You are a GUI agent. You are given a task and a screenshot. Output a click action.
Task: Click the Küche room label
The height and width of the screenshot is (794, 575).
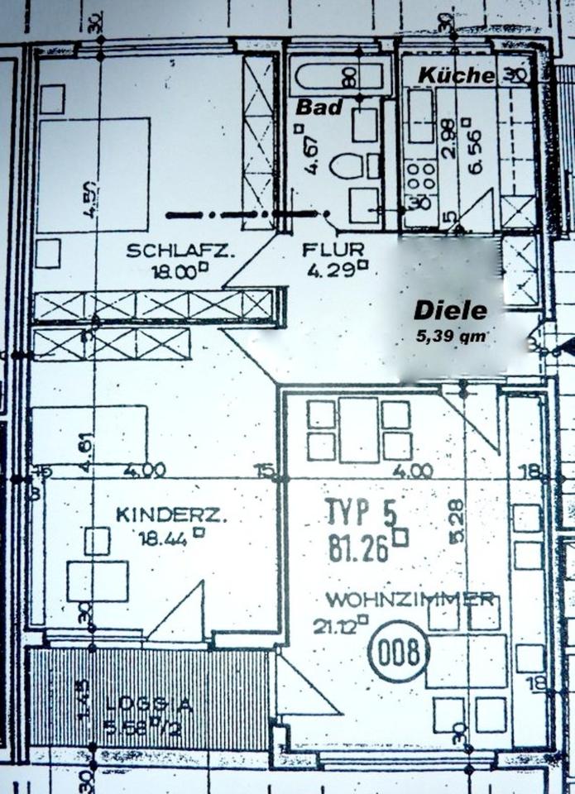coord(456,75)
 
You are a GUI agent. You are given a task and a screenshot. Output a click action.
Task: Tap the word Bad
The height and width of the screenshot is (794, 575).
coord(319,107)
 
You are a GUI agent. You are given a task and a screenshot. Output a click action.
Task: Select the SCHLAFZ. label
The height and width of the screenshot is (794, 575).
coord(180,251)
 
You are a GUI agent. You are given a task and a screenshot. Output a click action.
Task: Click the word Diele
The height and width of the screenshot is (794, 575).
coord(450,311)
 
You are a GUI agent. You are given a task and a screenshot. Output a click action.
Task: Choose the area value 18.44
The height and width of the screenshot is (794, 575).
coord(165,536)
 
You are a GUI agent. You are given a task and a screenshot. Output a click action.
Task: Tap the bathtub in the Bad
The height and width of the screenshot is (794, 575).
coord(339,77)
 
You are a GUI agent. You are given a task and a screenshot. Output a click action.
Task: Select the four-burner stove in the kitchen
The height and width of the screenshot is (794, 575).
coord(419,174)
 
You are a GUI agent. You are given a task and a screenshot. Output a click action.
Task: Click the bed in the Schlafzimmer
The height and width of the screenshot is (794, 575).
coord(93,175)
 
